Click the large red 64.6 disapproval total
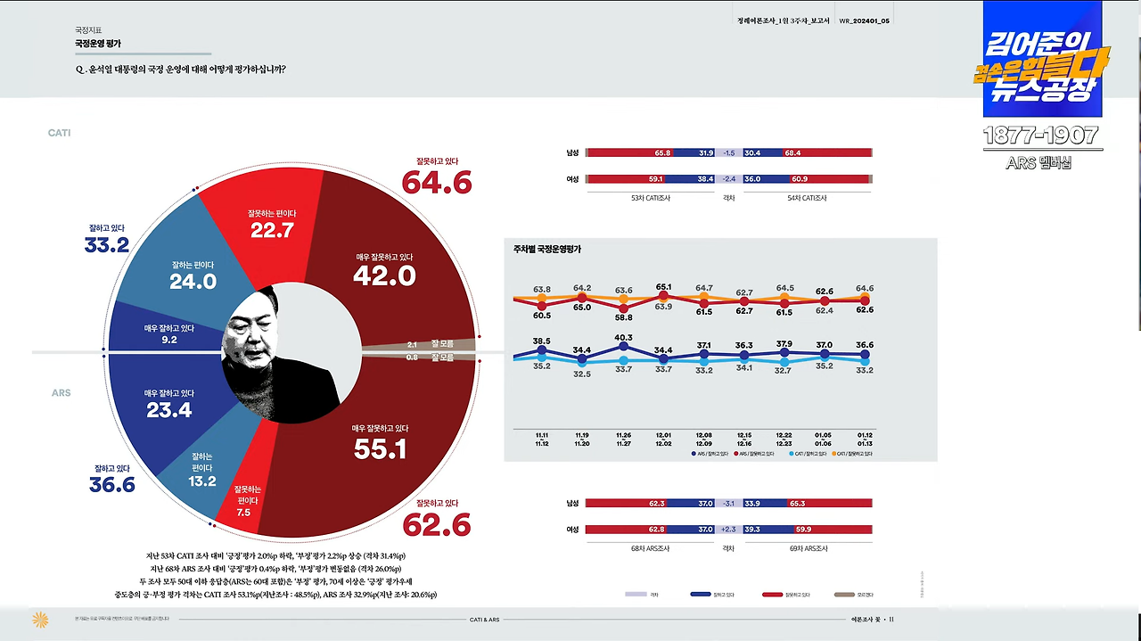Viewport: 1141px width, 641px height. [x=436, y=182]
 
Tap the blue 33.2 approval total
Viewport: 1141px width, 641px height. [x=107, y=244]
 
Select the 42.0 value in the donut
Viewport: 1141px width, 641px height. [x=384, y=276]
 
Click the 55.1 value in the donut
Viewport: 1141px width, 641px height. [x=380, y=448]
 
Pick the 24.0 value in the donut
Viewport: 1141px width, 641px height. [x=193, y=282]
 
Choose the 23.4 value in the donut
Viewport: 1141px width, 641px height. [x=168, y=410]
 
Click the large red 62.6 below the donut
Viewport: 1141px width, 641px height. [x=436, y=525]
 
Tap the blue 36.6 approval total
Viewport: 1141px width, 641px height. [x=111, y=484]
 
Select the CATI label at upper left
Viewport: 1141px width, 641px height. [x=59, y=133]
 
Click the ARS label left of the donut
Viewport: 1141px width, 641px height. [x=61, y=393]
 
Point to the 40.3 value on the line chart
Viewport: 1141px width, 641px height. [x=623, y=338]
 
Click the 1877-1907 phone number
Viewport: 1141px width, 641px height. [x=1040, y=136]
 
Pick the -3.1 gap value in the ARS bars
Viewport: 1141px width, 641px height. [x=728, y=504]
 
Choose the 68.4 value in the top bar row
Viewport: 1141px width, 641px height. [x=792, y=152]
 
